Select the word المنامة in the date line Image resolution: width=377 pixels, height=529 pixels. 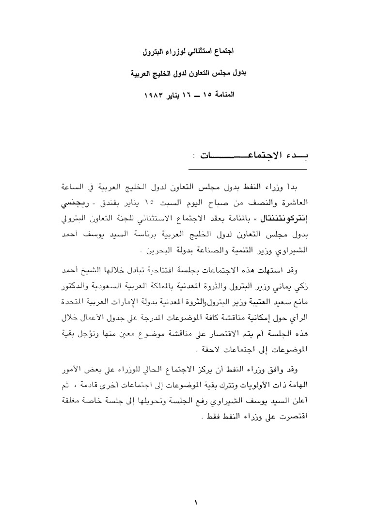click(222, 93)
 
